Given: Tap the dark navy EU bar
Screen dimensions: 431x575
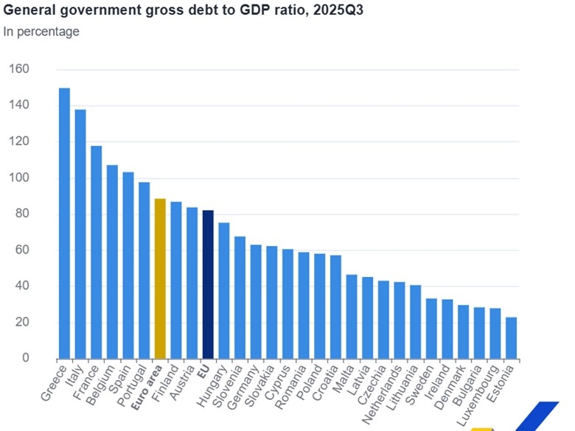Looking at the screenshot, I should click(x=208, y=284).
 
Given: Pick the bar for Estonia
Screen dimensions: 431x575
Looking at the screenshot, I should click(x=511, y=338).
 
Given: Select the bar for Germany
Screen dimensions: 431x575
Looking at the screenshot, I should click(x=256, y=302).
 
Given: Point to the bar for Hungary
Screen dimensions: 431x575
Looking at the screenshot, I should click(x=224, y=291).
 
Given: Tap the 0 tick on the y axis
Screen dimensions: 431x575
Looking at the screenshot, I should click(x=24, y=359).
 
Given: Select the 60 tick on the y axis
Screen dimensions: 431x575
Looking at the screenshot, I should click(x=19, y=250).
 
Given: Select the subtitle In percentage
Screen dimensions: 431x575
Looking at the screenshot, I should click(x=41, y=32).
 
